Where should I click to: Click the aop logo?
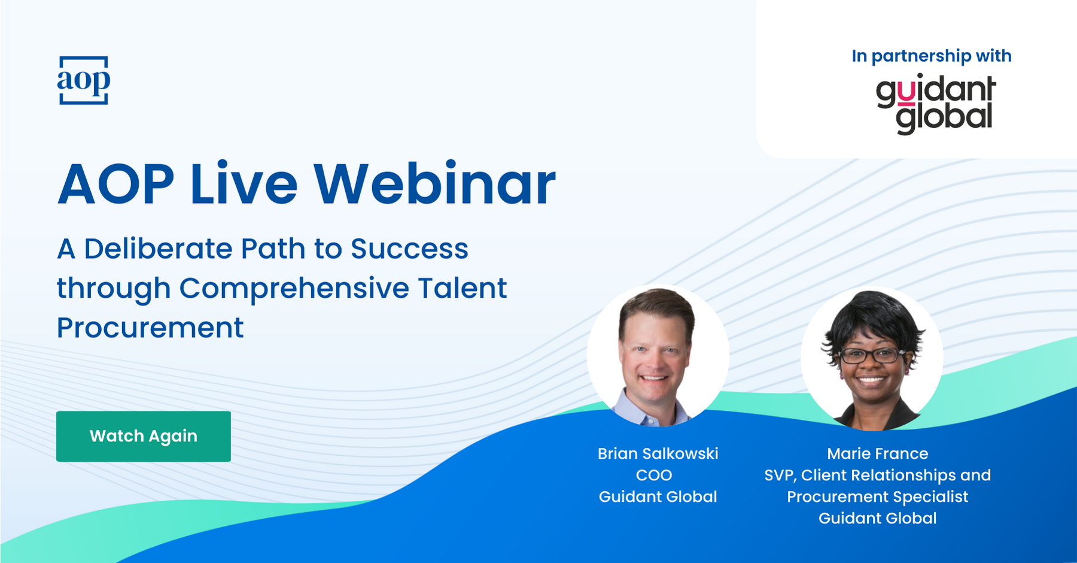click(84, 80)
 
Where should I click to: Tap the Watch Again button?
click(144, 436)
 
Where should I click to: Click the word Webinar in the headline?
click(434, 184)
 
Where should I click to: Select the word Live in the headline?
click(244, 184)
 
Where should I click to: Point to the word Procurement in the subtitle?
click(150, 328)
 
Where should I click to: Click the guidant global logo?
click(936, 104)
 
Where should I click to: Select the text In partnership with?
click(932, 56)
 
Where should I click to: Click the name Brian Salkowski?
click(658, 453)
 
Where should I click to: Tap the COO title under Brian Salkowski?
click(654, 475)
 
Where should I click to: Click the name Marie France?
click(877, 453)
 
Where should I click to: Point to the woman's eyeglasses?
click(872, 355)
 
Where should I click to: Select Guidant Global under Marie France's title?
click(877, 518)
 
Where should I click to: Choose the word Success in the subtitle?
click(409, 249)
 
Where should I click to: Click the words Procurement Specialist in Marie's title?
click(877, 497)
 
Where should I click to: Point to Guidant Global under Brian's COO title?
click(658, 497)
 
